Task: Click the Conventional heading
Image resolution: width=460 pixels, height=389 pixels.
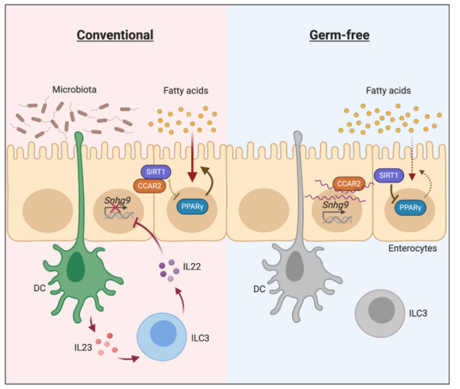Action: (x=115, y=35)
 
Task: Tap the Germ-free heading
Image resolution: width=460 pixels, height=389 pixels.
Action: (x=340, y=35)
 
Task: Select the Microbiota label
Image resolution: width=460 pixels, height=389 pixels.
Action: (x=75, y=89)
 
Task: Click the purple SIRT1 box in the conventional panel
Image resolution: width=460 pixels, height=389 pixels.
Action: (x=155, y=172)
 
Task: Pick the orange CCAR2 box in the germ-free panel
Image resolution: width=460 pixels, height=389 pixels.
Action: (x=349, y=184)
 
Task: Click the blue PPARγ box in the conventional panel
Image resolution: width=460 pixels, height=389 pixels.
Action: (x=193, y=207)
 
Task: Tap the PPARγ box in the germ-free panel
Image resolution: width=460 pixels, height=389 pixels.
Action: (x=410, y=208)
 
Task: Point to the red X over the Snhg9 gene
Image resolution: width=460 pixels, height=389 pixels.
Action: (x=116, y=208)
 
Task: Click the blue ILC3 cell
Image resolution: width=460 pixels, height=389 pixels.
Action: (x=162, y=336)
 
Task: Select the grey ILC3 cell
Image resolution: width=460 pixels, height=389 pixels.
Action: (x=380, y=314)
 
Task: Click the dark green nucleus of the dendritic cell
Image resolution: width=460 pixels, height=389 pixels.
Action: (x=75, y=267)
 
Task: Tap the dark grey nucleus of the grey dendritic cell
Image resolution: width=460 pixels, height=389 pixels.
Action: (x=294, y=266)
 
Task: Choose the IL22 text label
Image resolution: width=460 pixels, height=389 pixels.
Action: (x=192, y=267)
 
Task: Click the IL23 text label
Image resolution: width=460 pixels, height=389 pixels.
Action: (x=83, y=348)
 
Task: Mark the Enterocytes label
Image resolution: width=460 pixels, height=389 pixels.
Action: (x=413, y=248)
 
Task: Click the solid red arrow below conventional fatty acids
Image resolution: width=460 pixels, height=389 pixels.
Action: (x=193, y=157)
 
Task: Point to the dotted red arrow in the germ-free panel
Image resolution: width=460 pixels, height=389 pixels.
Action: (x=412, y=158)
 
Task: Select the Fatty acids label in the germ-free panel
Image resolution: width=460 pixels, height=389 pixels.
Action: (x=389, y=91)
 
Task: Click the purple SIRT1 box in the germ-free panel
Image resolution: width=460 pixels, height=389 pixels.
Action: (x=389, y=175)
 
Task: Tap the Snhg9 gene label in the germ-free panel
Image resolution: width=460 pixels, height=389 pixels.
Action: (x=336, y=205)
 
